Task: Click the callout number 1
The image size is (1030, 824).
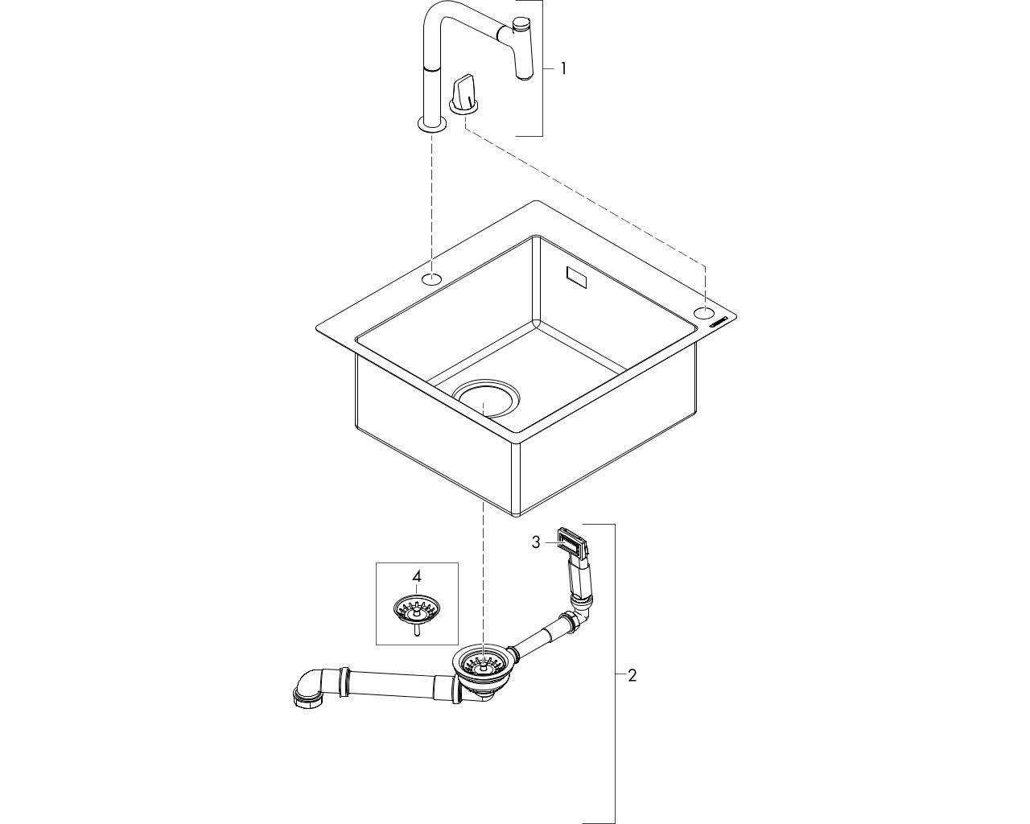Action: tap(563, 69)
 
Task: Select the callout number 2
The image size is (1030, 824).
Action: tap(632, 676)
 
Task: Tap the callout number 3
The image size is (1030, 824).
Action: tap(536, 542)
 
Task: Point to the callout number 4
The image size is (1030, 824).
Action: tap(416, 576)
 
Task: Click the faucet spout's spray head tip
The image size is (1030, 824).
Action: tap(524, 76)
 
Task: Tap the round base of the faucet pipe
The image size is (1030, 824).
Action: tap(432, 124)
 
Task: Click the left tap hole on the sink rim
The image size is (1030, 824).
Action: tap(432, 278)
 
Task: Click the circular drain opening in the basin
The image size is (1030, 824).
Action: tap(485, 398)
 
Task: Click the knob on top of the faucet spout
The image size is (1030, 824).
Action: tap(521, 24)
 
